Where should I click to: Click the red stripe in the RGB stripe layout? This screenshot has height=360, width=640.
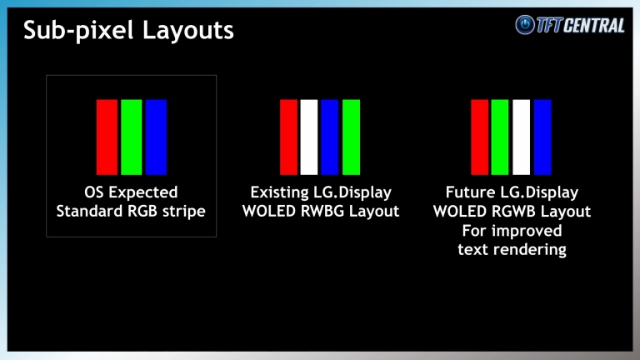tap(107, 137)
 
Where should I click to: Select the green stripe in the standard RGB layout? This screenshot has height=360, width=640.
tap(132, 137)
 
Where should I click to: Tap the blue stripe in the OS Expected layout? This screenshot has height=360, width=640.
tap(156, 137)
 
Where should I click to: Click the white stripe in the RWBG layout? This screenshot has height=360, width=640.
tap(309, 137)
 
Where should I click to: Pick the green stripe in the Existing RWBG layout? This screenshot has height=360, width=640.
tap(351, 137)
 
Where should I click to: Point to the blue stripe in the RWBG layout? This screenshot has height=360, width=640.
tap(330, 137)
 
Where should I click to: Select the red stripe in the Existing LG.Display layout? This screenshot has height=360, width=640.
tap(288, 137)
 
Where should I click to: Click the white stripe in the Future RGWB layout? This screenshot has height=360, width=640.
tap(521, 137)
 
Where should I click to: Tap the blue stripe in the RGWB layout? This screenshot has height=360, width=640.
tap(542, 137)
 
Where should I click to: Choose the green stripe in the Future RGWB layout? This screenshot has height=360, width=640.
tap(500, 137)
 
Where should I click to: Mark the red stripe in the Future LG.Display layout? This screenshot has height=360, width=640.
tap(480, 137)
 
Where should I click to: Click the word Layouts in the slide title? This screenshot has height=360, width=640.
tap(188, 31)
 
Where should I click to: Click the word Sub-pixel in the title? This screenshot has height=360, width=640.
tap(78, 31)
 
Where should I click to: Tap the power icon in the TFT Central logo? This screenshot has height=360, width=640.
tap(525, 24)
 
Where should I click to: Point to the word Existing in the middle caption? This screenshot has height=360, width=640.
tap(276, 192)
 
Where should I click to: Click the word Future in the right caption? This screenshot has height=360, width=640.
tap(467, 192)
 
